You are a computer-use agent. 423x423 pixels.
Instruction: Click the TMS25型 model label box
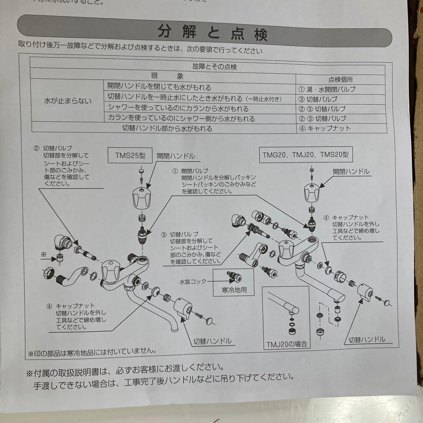[130, 155]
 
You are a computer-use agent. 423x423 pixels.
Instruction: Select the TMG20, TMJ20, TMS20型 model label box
[305, 155]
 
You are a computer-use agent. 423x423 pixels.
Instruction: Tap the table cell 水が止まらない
[68, 101]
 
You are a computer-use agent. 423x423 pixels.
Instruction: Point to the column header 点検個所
[340, 80]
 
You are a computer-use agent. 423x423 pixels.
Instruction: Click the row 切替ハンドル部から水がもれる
[167, 128]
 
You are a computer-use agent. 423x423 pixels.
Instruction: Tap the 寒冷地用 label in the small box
[234, 290]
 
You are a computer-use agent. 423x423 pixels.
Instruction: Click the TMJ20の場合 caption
[286, 344]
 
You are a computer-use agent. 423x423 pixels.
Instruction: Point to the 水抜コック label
[193, 282]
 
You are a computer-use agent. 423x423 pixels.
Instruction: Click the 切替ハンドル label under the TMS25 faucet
[213, 341]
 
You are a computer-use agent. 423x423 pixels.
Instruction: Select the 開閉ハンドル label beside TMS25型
[176, 156]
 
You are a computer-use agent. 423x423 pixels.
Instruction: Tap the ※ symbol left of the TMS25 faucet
[43, 254]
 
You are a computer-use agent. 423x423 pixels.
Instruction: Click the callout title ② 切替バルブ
[53, 148]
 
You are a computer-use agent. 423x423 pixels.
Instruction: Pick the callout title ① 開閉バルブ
[190, 171]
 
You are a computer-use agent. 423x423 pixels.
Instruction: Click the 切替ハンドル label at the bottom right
[367, 339]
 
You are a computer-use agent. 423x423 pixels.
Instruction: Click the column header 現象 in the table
[167, 76]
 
